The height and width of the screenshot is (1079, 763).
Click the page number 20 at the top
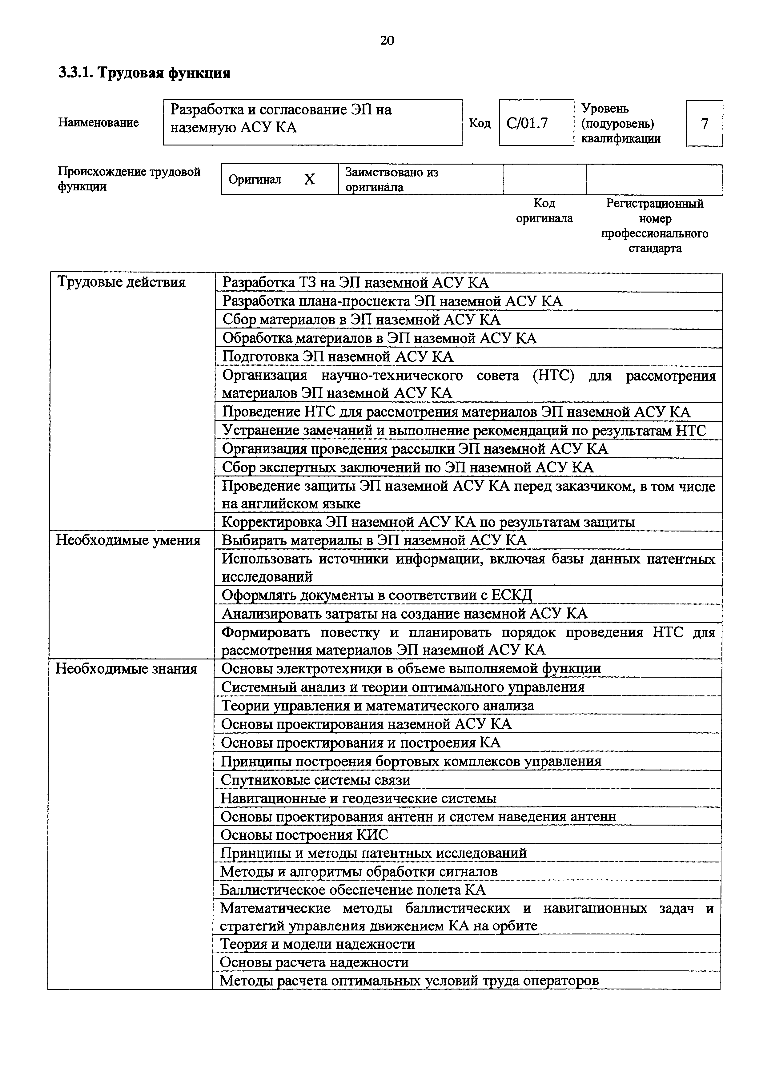pyautogui.click(x=387, y=41)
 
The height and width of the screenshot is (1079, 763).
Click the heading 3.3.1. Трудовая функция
pyautogui.click(x=144, y=73)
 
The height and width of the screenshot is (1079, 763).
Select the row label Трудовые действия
pyautogui.click(x=121, y=282)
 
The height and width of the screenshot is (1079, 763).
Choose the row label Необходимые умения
pyautogui.click(x=128, y=540)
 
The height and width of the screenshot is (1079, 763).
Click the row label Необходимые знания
pyautogui.click(x=126, y=669)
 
